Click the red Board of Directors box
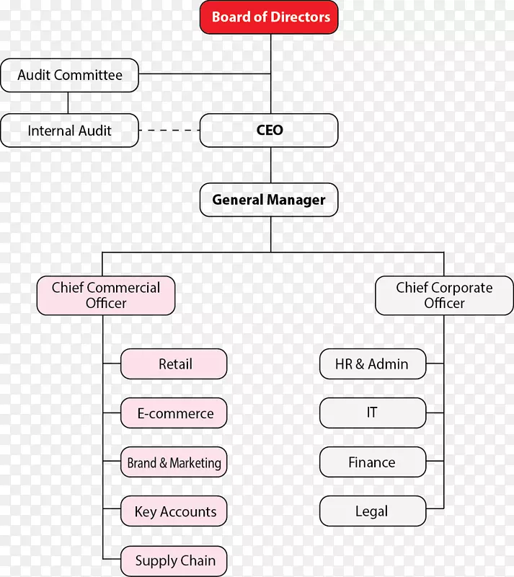270,17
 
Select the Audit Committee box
69,75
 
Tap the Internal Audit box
69,131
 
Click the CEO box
269,131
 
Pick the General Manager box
269,200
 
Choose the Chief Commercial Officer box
106,296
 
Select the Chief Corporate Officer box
444,296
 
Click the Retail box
174,364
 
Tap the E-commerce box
174,413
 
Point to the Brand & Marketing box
174,462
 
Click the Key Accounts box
174,511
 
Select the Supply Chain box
174,560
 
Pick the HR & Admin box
372,364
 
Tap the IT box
372,413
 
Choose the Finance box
372,462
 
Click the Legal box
372,511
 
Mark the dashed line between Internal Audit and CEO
169,131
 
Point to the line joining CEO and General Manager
271,165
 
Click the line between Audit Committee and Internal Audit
68,102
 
